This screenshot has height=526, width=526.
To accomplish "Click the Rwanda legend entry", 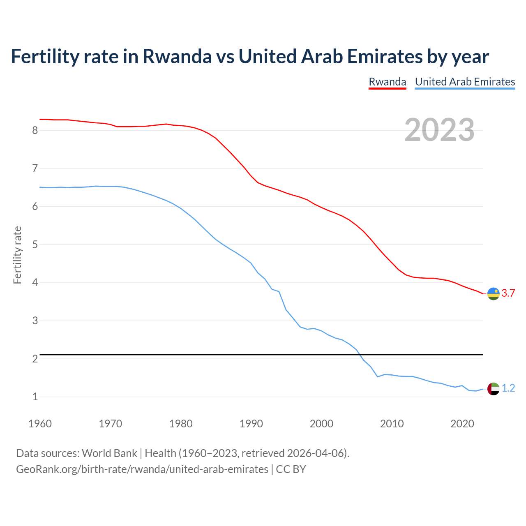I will click(387, 82).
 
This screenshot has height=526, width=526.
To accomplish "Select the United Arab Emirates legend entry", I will click(465, 82).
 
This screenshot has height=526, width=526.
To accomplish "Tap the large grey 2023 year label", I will click(439, 130).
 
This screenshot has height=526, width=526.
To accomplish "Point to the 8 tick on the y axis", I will click(35, 131).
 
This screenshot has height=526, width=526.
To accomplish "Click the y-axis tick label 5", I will click(35, 245).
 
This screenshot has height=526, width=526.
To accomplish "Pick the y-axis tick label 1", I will click(35, 397).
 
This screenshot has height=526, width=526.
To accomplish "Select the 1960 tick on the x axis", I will click(40, 424).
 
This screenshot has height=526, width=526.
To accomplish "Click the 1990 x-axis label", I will click(251, 424).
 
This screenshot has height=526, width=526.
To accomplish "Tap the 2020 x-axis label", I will click(462, 424).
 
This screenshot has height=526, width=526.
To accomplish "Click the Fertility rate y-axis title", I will click(17, 255).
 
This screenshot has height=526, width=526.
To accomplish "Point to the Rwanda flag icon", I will click(493, 294).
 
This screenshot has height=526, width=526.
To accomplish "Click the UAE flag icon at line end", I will click(493, 389).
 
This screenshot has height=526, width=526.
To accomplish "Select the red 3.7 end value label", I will click(508, 293).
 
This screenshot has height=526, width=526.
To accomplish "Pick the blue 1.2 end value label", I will click(508, 388).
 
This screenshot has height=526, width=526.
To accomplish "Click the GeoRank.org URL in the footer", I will click(142, 469).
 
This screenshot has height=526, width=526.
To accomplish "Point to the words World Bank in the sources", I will click(109, 453).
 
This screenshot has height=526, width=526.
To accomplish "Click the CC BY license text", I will click(291, 469).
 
